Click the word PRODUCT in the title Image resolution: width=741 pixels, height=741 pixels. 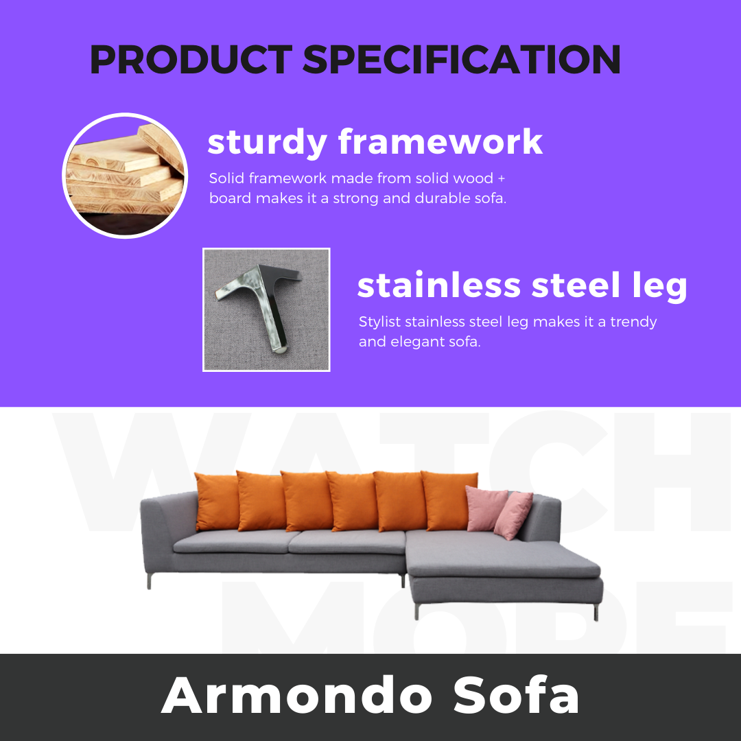tap(191, 60)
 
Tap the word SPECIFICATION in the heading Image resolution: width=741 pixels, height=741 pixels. tap(462, 60)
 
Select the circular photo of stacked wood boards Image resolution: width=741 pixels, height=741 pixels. tap(125, 176)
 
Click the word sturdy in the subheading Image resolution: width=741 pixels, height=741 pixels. tap(267, 143)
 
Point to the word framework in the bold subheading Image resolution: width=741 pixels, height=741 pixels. tap(440, 142)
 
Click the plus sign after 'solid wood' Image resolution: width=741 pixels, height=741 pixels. tap(502, 178)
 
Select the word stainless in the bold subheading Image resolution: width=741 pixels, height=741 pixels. tap(439, 285)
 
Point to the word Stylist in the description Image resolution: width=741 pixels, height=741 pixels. tap(379, 322)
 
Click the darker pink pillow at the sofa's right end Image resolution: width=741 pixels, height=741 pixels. tap(513, 515)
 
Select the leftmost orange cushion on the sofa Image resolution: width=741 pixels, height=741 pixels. tap(217, 502)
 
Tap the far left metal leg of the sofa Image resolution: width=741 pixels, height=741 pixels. tap(149, 581)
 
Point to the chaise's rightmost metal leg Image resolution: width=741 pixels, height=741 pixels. tap(596, 612)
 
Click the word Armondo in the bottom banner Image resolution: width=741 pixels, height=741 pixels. tap(297, 695)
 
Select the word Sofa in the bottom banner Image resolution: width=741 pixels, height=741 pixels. tap(516, 695)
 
